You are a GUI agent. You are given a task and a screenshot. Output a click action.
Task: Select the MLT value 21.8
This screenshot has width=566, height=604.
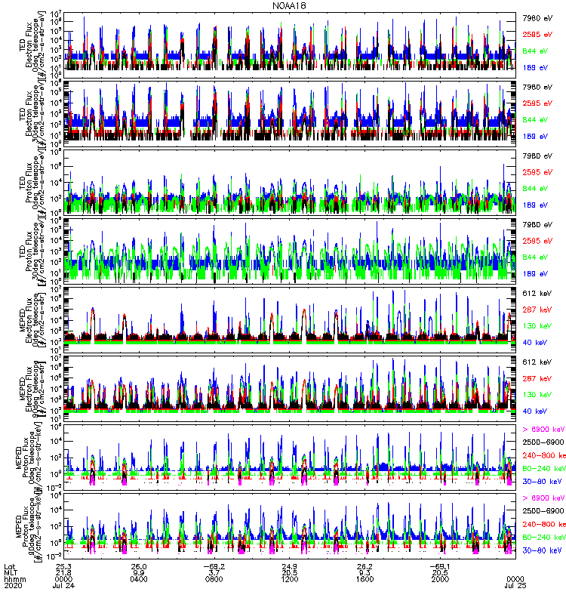(63, 573)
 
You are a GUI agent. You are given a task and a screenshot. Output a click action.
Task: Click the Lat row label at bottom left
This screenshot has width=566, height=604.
(9, 566)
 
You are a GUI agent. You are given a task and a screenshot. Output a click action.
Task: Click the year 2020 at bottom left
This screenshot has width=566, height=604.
(11, 587)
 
